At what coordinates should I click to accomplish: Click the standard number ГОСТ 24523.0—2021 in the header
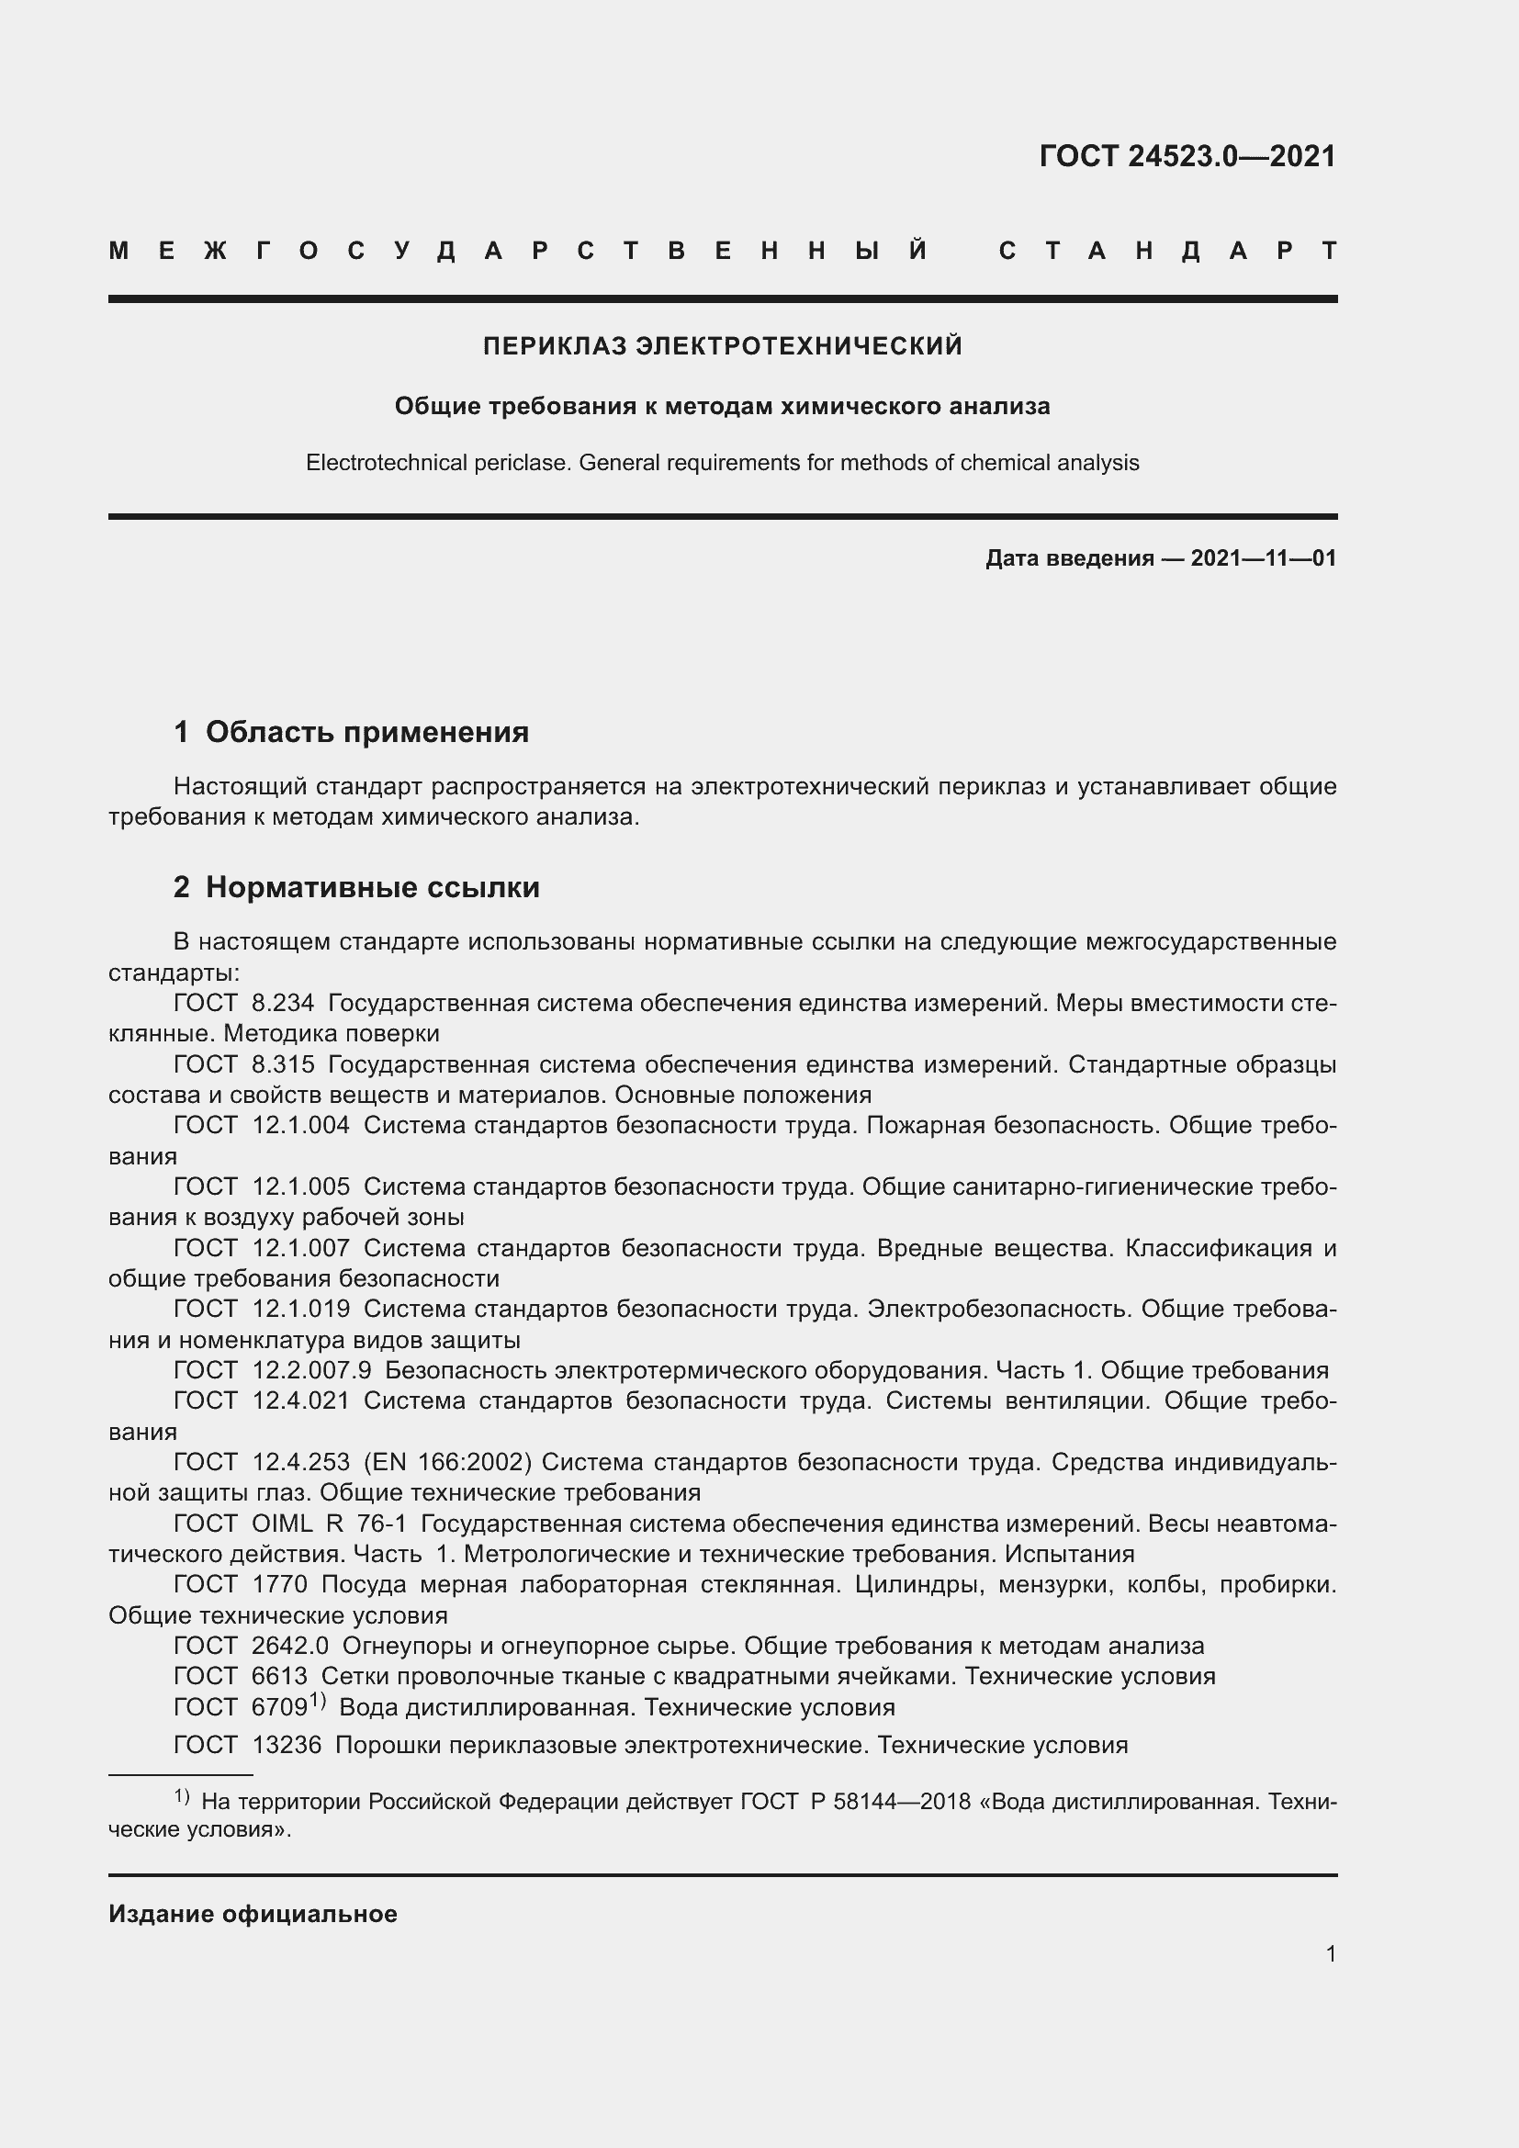pyautogui.click(x=1187, y=156)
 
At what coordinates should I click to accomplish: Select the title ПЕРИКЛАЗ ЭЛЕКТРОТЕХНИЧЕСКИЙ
pyautogui.click(x=722, y=346)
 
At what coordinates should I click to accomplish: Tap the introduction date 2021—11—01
pyautogui.click(x=1263, y=558)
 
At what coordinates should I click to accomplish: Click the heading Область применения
pyautogui.click(x=366, y=732)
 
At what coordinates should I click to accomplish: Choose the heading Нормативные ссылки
pyautogui.click(x=372, y=887)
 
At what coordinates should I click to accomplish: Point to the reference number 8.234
pyautogui.click(x=284, y=1004)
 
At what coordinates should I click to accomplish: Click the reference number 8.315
pyautogui.click(x=284, y=1064)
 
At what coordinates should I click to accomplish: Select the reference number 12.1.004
pyautogui.click(x=301, y=1126)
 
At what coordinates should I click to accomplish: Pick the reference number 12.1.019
pyautogui.click(x=301, y=1309)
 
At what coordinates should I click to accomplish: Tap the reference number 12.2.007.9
pyautogui.click(x=311, y=1370)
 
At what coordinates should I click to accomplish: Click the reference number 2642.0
pyautogui.click(x=290, y=1646)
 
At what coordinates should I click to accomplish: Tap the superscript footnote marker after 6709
pyautogui.click(x=317, y=1700)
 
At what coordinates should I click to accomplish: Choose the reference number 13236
pyautogui.click(x=287, y=1745)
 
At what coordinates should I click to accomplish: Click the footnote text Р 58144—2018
pyautogui.click(x=891, y=1802)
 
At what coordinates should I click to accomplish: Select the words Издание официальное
pyautogui.click(x=253, y=1914)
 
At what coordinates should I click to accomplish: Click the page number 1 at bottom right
pyautogui.click(x=1331, y=1953)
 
